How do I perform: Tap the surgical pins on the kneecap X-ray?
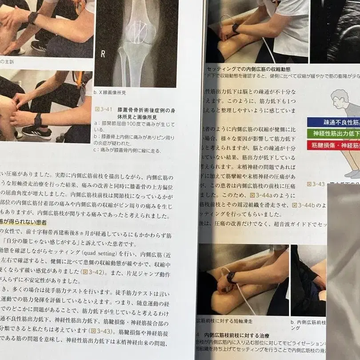pyautogui.click(x=138, y=32)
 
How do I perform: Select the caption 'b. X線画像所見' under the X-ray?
pyautogui.click(x=110, y=93)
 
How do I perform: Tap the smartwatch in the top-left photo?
pyautogui.click(x=33, y=18)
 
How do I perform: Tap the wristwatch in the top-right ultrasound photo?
pyautogui.click(x=235, y=28)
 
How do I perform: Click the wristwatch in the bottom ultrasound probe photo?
pyautogui.click(x=231, y=277)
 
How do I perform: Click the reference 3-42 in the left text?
pyautogui.click(x=87, y=271)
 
